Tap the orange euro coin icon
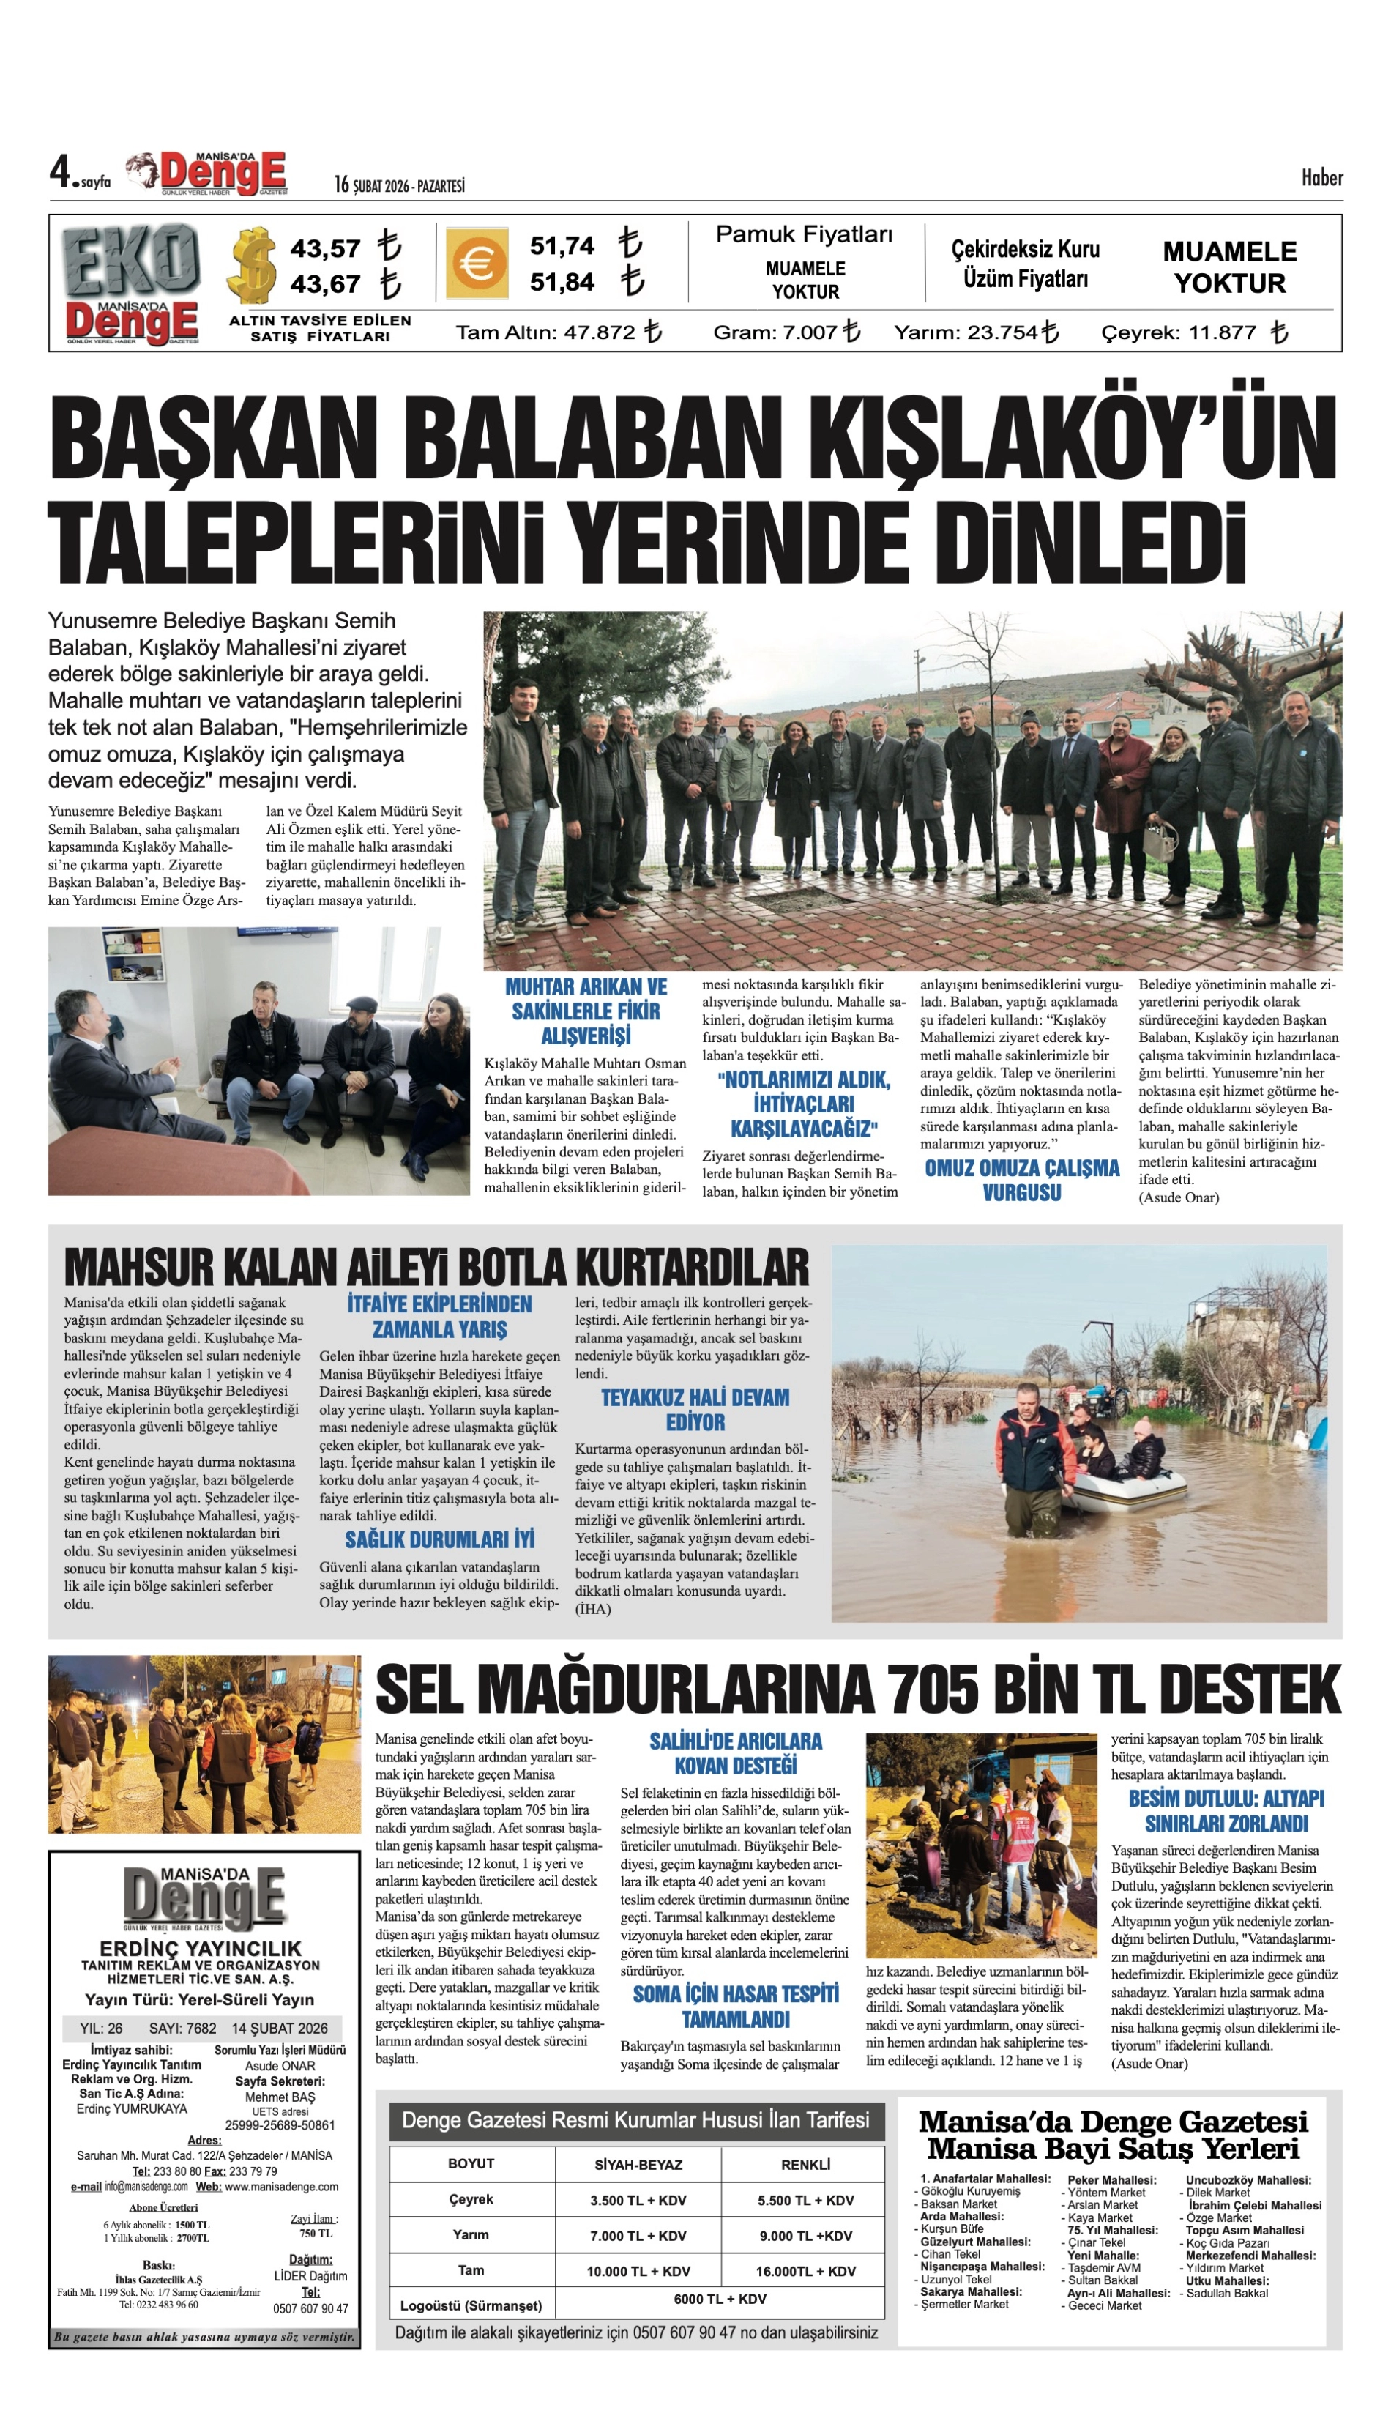coord(475,263)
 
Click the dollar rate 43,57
coord(325,248)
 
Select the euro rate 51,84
coord(562,283)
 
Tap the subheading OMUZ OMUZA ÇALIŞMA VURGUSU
coord(1021,1181)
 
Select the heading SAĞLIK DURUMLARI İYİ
coord(439,1539)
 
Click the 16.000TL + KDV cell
coord(805,2272)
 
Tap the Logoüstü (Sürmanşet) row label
coord(471,2306)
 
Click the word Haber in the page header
coord(1321,178)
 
